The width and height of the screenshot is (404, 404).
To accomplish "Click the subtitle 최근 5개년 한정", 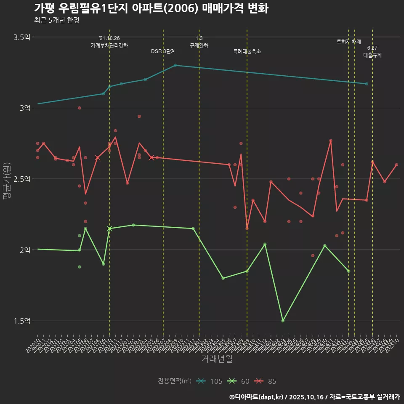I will point(56,20).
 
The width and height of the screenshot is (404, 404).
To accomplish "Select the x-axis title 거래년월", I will point(217,359).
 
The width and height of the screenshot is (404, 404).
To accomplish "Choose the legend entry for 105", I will point(210,381).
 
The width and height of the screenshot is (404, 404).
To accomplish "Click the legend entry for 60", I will point(239,381).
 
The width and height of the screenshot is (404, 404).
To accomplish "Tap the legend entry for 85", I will point(266,381).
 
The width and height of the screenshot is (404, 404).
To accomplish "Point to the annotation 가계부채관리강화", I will point(109,45).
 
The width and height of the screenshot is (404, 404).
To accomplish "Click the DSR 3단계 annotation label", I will point(163,51).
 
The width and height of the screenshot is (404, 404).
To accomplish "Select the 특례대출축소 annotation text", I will point(247,51).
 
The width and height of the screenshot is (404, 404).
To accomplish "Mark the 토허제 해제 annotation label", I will point(349,42).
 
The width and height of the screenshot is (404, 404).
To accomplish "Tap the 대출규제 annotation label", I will point(372,55).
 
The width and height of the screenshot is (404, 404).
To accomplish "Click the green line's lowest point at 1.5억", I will point(283,321).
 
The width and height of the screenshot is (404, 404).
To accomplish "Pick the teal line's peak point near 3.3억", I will point(175,65).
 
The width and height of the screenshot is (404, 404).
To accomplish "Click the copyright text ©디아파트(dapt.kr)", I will point(257,397).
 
